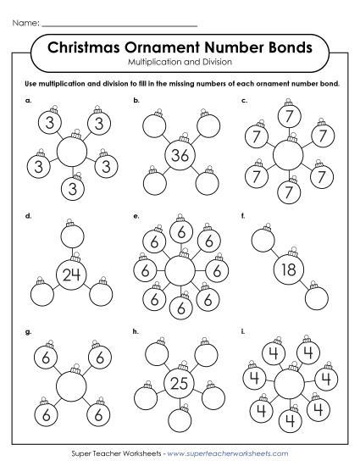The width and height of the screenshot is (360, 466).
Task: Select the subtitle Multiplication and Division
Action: pos(180,63)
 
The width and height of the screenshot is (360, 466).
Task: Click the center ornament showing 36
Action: pos(180,155)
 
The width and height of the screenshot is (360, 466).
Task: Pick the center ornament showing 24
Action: pos(72,273)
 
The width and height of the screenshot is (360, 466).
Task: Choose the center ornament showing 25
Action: pos(178,383)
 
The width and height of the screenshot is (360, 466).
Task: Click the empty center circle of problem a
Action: pos(72,153)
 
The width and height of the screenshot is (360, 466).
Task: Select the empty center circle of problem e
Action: pos(179,271)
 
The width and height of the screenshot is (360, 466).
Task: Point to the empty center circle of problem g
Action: pos(72,386)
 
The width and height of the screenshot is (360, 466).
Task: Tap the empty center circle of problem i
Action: pos(288,384)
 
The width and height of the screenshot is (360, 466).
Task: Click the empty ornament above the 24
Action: pos(72,235)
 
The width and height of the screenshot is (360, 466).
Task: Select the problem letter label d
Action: pos(29,216)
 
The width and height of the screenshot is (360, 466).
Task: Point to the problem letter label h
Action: pos(136,331)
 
